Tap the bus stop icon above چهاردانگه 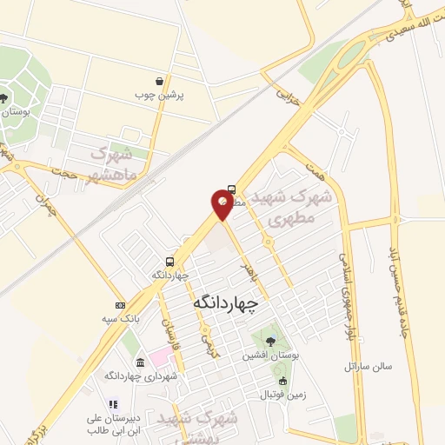[170, 262]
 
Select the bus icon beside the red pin [231, 189]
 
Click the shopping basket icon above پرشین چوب [158, 81]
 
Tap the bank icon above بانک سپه [120, 305]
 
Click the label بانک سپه [120, 318]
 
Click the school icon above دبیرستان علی [112, 404]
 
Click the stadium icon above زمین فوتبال [282, 382]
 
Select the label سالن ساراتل [368, 366]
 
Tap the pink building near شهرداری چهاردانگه [161, 356]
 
